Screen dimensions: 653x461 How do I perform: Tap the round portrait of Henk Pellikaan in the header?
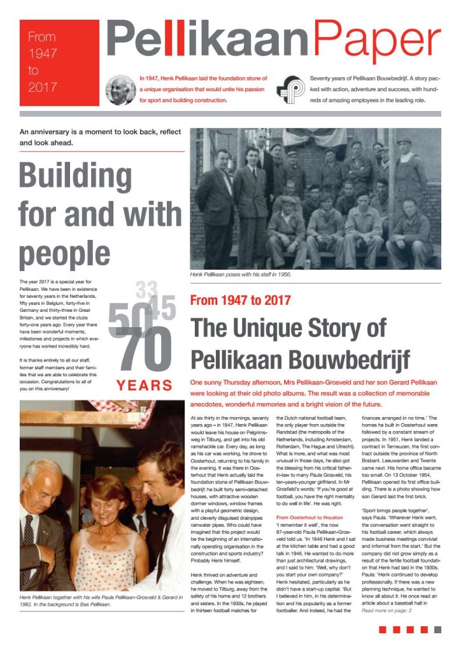tap(120, 90)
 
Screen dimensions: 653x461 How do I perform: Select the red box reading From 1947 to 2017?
tap(59, 62)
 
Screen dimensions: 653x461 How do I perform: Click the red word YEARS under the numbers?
tap(145, 385)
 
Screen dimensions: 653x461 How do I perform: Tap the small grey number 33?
tap(146, 291)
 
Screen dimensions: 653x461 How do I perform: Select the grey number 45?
tap(163, 309)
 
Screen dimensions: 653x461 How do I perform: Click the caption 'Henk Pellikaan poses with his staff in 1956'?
tap(246, 275)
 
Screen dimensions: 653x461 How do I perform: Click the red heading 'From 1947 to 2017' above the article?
tap(241, 299)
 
